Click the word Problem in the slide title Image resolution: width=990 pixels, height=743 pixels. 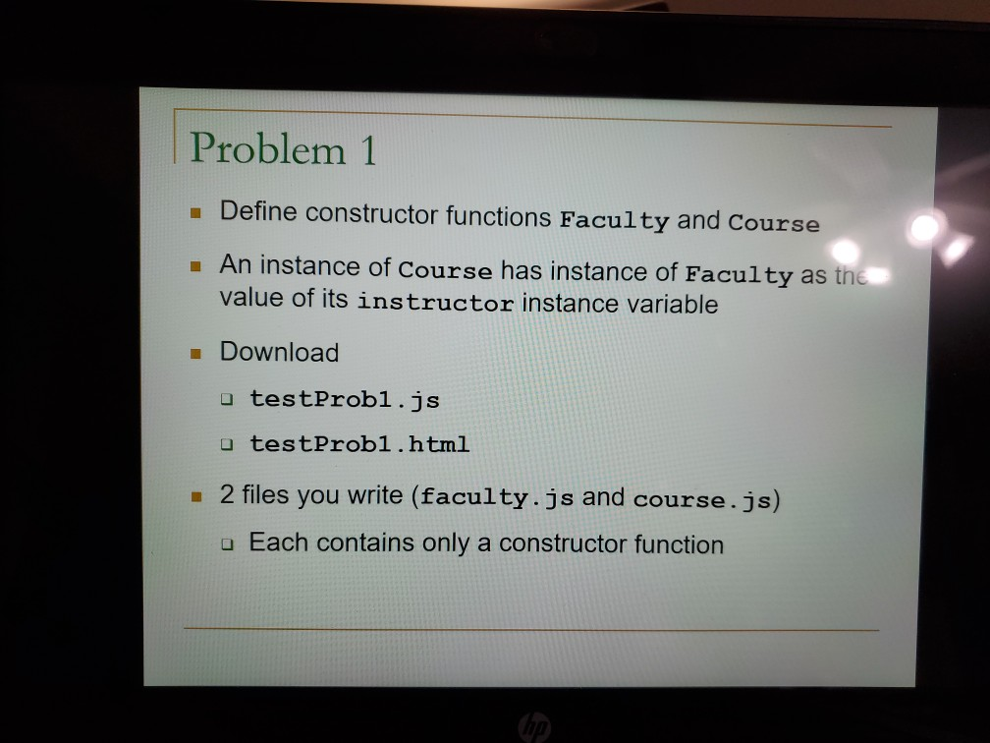267,149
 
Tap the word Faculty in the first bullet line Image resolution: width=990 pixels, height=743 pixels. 613,219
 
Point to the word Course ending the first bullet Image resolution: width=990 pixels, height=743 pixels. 774,223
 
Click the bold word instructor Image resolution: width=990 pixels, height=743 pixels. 435,302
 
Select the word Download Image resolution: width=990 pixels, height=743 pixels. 279,352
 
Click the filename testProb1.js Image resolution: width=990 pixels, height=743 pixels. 345,400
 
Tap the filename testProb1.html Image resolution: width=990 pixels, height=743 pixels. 359,443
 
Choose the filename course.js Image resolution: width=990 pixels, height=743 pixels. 702,499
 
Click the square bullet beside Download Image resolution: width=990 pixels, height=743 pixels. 196,352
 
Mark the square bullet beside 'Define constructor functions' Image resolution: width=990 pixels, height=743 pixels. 196,211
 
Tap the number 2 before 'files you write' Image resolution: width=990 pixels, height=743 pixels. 227,493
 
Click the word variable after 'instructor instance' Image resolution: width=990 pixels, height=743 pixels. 674,305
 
